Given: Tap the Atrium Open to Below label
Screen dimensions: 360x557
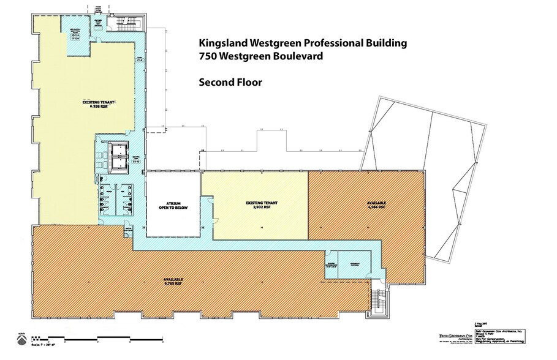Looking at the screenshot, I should tap(172, 206).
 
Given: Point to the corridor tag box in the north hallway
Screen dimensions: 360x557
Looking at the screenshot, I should tap(140, 60).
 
